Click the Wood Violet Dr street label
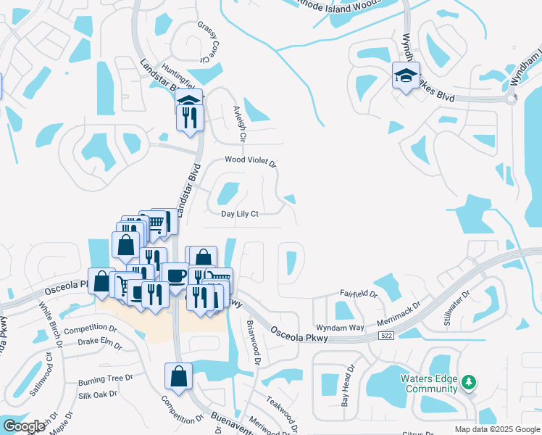point(251,162)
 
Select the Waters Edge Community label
point(430,384)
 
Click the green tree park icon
point(469,381)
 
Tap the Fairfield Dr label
point(359,294)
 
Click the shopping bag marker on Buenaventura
point(178,376)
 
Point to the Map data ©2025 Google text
point(496,428)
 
